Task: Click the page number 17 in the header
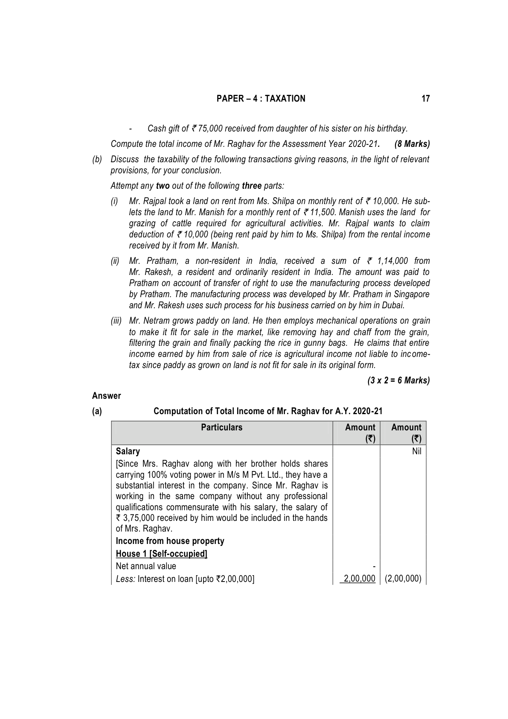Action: (425, 99)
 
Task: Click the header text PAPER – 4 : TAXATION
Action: (261, 99)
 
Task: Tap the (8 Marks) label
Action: (412, 144)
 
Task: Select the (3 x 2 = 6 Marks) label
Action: (398, 380)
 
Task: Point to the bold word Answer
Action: (107, 396)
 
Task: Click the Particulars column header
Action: (222, 427)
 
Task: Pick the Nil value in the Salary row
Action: (417, 451)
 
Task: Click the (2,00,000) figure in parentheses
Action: (403, 579)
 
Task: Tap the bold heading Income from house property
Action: (170, 541)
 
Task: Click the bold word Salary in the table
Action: (128, 451)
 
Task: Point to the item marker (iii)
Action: (116, 321)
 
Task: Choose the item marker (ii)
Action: (116, 261)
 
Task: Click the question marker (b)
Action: (97, 159)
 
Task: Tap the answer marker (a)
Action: (97, 411)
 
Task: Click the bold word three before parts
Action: (252, 186)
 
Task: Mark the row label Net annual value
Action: (146, 566)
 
